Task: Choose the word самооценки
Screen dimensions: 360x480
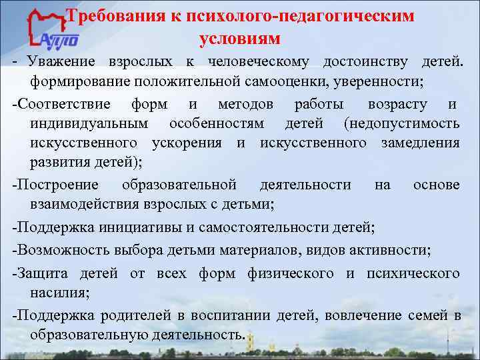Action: click(295, 81)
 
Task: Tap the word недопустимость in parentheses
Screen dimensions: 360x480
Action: click(402, 124)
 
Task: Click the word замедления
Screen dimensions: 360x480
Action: click(421, 143)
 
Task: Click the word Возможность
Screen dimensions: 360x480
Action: click(59, 251)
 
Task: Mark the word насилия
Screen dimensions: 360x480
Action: click(56, 292)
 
